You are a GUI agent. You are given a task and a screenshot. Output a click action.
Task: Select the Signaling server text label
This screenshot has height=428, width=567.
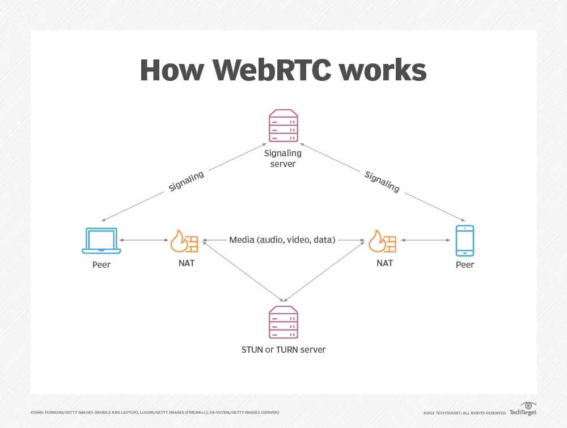coord(283,158)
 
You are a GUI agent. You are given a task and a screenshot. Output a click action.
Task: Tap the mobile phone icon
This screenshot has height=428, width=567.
coord(465,240)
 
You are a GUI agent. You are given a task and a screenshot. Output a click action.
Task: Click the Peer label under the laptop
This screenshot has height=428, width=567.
coord(101,264)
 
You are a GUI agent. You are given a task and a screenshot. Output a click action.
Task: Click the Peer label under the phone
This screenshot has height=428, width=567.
coord(465,264)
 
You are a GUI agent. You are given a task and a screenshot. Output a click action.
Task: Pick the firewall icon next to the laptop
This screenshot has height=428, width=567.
coord(185,241)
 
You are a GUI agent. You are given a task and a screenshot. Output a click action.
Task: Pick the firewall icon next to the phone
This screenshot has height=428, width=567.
coord(383,241)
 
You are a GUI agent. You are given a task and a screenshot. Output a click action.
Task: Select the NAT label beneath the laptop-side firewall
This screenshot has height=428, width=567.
coord(186,263)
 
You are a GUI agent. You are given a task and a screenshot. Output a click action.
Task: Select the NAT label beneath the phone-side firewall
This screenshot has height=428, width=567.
coord(384,263)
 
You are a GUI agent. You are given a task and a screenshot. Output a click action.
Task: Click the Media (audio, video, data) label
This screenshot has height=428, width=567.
coord(282,240)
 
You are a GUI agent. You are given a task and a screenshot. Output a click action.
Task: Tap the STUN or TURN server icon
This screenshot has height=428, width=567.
coord(283,322)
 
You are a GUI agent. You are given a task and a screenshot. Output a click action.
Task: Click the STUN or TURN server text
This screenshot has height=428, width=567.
coord(283,349)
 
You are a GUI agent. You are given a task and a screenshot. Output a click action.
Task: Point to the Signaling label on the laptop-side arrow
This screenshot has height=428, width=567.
coord(186,181)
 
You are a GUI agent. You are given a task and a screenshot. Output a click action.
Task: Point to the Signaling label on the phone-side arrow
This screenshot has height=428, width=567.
coord(382,181)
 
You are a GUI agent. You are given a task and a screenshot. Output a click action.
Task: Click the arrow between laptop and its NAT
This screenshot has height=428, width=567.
coord(143,241)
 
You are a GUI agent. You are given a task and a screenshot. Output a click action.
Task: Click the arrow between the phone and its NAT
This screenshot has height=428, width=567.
coord(425,241)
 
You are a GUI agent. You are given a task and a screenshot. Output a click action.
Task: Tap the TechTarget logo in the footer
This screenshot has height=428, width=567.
coord(523,410)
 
